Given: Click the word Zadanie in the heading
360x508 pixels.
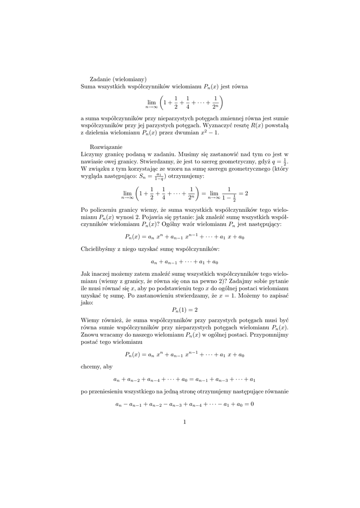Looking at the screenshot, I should (100, 78).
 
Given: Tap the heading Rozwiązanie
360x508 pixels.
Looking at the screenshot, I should (106, 147).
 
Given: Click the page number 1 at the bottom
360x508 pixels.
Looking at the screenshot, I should (184, 422).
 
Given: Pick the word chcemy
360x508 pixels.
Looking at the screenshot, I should (90, 367).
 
